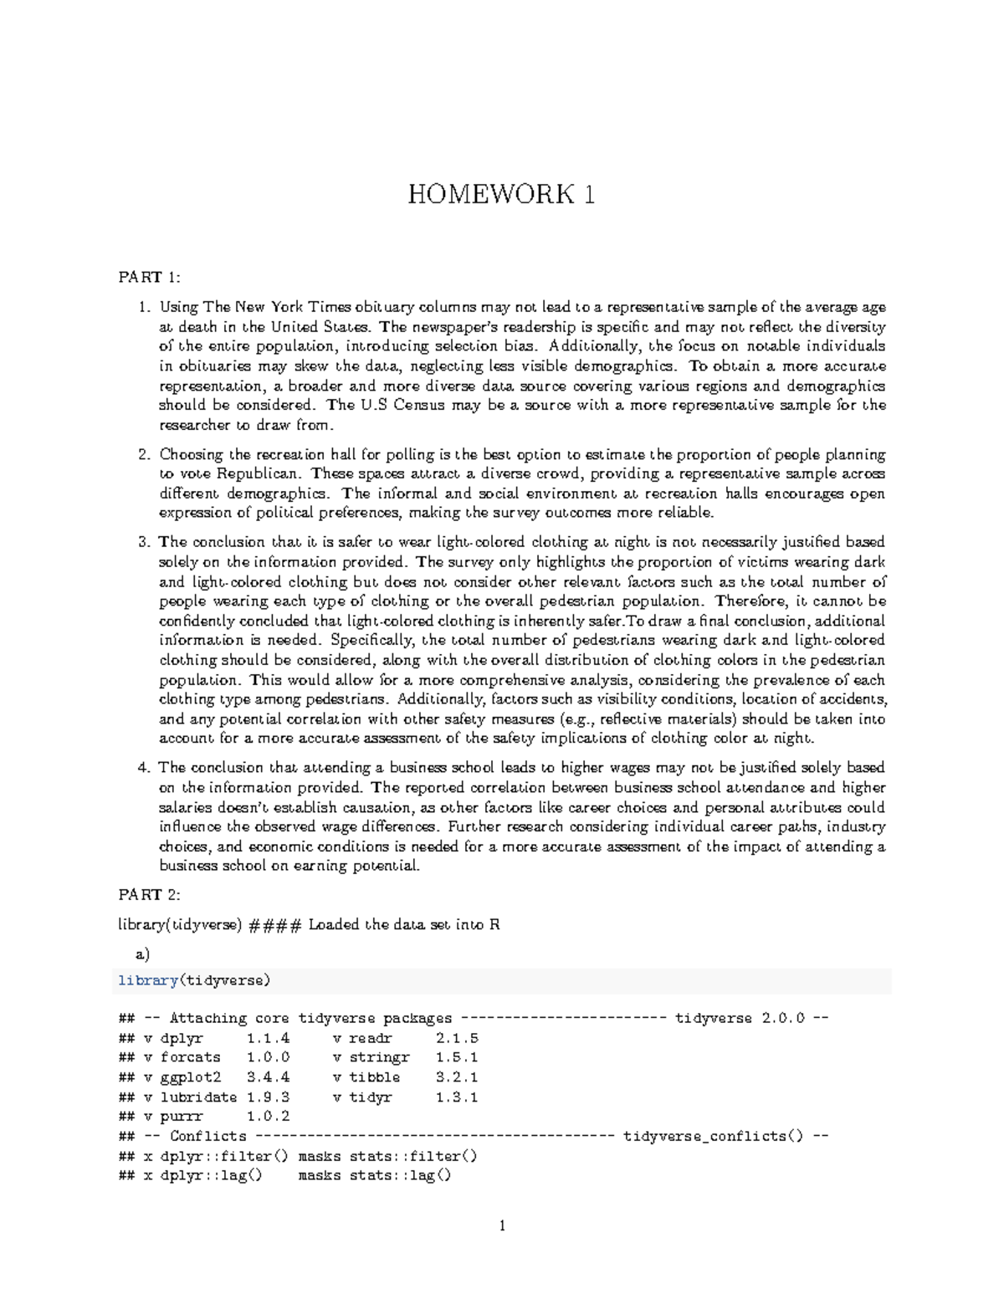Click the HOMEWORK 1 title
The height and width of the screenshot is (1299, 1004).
[501, 194]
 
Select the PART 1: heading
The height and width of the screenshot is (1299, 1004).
[149, 278]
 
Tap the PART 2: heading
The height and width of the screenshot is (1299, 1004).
[149, 895]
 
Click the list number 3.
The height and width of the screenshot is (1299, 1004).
[143, 542]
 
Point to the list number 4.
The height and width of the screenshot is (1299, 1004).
[143, 768]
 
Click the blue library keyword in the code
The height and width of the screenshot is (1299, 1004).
[148, 980]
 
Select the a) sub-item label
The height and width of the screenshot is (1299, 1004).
[142, 954]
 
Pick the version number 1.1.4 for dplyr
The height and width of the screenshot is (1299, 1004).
[268, 1038]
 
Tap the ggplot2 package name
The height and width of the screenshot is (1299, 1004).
[190, 1077]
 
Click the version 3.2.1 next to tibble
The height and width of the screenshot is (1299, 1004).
[457, 1077]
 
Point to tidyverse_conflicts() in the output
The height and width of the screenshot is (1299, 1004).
[717, 1136]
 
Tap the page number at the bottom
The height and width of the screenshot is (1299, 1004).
[502, 1226]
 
